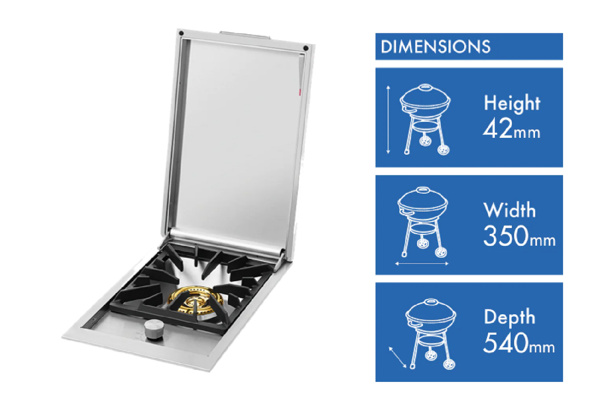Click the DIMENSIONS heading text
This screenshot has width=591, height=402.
coord(435,47)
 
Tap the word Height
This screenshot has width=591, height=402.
coord(512,103)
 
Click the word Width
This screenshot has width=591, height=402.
coord(509,210)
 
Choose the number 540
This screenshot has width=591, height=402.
coord(506,343)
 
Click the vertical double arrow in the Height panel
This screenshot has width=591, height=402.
coord(388,119)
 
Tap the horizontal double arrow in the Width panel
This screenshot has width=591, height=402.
coord(421,263)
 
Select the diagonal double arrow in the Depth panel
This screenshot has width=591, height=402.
coord(398,357)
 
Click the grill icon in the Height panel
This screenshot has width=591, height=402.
coord(425,119)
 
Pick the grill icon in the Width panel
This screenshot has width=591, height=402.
coord(422,222)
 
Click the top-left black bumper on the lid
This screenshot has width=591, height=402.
coord(181,33)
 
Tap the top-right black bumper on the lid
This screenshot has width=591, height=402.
coord(306,48)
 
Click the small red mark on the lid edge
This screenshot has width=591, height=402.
coord(300,92)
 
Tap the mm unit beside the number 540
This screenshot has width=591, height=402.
coord(542,347)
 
